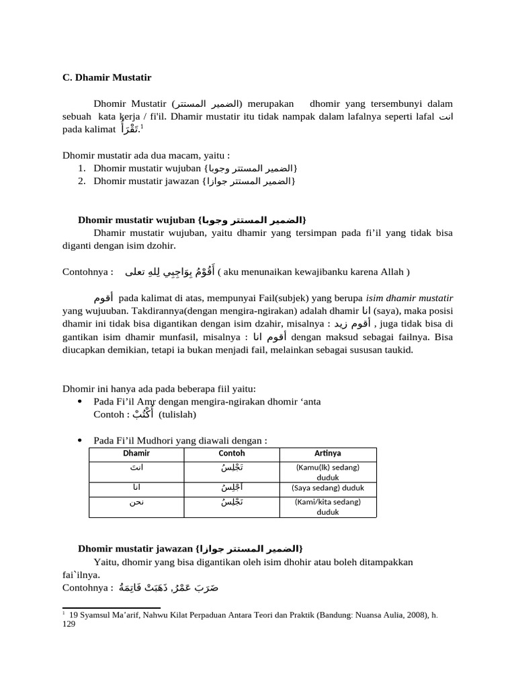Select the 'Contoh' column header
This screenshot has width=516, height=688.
point(232,454)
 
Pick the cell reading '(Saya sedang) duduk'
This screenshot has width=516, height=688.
point(328,488)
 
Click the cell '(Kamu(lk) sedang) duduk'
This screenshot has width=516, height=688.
point(328,471)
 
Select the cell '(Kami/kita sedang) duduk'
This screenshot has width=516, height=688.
point(328,507)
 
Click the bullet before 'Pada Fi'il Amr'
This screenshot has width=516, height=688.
point(81,402)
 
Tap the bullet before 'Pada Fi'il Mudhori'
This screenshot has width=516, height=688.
point(81,441)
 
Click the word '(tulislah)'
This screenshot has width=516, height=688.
point(177,415)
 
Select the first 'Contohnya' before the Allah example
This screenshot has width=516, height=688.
point(87,272)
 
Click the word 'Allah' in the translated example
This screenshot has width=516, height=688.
point(388,272)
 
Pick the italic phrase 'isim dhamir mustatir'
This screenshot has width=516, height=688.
point(409,298)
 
